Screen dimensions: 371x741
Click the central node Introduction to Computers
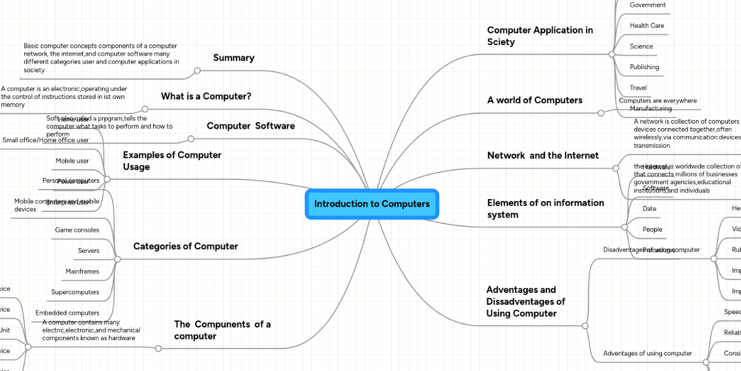[372, 204]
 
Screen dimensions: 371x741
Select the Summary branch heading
[233, 58]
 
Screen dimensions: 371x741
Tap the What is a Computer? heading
[206, 96]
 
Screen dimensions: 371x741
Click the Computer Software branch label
[250, 126]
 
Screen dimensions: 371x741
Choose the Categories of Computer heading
[185, 246]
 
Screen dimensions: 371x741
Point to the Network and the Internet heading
[543, 155]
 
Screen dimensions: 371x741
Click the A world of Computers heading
[535, 100]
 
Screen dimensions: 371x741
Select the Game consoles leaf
[77, 230]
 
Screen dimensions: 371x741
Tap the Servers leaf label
[88, 251]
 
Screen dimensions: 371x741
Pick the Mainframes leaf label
[82, 271]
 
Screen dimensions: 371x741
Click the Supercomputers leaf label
[75, 292]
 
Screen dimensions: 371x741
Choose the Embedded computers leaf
[67, 313]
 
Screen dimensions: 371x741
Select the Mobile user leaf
[72, 161]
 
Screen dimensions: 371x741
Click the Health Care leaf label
[647, 25]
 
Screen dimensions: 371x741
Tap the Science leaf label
[641, 46]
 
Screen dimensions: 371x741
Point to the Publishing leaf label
[644, 67]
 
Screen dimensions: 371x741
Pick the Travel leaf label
[638, 88]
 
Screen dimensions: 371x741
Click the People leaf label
[652, 229]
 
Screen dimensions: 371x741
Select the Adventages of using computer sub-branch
[647, 353]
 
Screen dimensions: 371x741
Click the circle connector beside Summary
[197, 70]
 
